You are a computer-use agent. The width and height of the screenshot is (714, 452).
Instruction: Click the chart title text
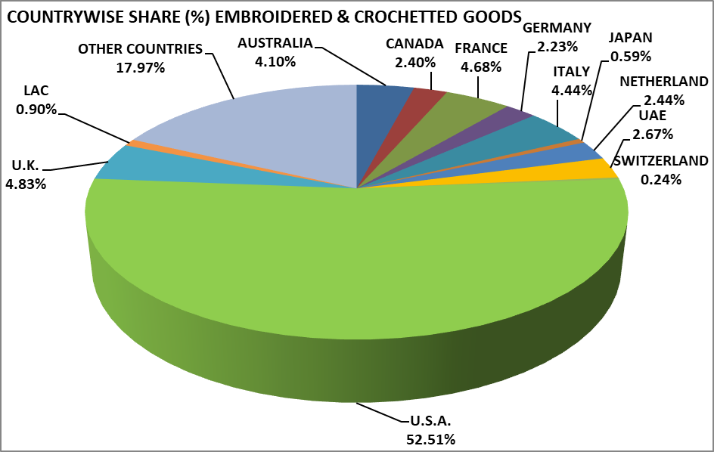[264, 15]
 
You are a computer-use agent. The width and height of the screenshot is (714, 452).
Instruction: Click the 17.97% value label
[140, 67]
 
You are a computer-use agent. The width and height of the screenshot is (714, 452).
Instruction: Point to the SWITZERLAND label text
[660, 161]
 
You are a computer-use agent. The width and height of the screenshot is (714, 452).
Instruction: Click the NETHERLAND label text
[663, 82]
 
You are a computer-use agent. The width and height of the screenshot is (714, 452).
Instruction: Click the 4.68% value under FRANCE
[481, 67]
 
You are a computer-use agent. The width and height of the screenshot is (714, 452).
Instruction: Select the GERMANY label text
[557, 28]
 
